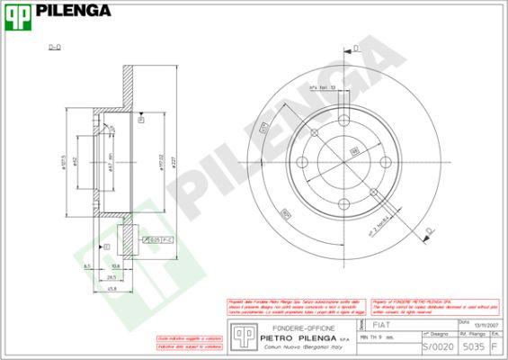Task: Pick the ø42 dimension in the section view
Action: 77,162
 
